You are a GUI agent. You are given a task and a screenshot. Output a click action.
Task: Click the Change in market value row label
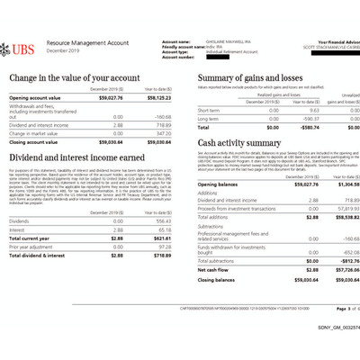[34, 133]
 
